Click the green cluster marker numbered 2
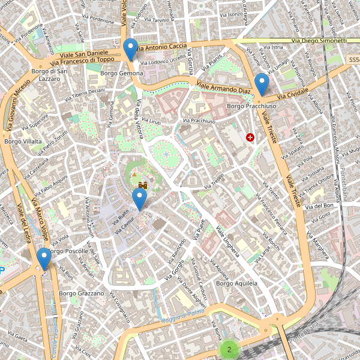click(x=229, y=348)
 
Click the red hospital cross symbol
click(x=250, y=137)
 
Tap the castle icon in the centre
click(x=143, y=185)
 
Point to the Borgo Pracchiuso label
click(x=251, y=106)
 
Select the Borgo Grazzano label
click(x=82, y=293)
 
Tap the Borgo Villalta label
click(x=22, y=142)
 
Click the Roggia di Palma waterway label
click(x=183, y=316)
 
